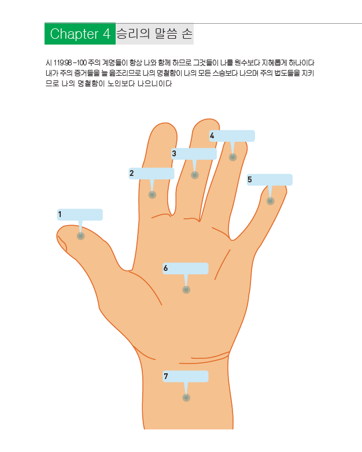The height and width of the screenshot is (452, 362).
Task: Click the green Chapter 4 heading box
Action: [x=80, y=34]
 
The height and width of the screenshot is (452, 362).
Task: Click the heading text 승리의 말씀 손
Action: [x=154, y=34]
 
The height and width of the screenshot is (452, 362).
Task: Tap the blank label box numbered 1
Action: [x=80, y=215]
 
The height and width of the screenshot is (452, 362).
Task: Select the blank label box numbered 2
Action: [x=152, y=174]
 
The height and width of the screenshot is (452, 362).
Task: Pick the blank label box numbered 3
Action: [x=194, y=154]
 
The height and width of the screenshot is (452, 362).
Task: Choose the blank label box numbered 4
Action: [x=232, y=136]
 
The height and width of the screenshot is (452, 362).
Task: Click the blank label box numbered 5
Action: [x=269, y=180]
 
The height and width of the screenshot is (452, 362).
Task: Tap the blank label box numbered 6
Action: [x=185, y=269]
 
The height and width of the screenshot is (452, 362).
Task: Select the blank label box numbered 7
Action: [x=185, y=377]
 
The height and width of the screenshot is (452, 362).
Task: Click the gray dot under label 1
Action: [x=80, y=236]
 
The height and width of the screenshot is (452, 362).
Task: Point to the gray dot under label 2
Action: [x=152, y=195]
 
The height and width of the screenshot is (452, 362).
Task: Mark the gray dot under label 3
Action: [x=195, y=175]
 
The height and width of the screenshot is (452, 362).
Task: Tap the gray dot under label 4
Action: [x=232, y=157]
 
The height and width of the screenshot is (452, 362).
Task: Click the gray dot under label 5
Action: [x=270, y=201]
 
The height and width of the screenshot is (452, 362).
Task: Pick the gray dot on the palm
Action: [x=186, y=290]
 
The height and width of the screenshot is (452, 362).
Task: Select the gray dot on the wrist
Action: [x=186, y=398]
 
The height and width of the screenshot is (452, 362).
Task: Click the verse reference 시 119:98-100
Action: [x=64, y=63]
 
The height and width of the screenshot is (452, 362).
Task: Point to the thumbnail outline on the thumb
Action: [x=62, y=243]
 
